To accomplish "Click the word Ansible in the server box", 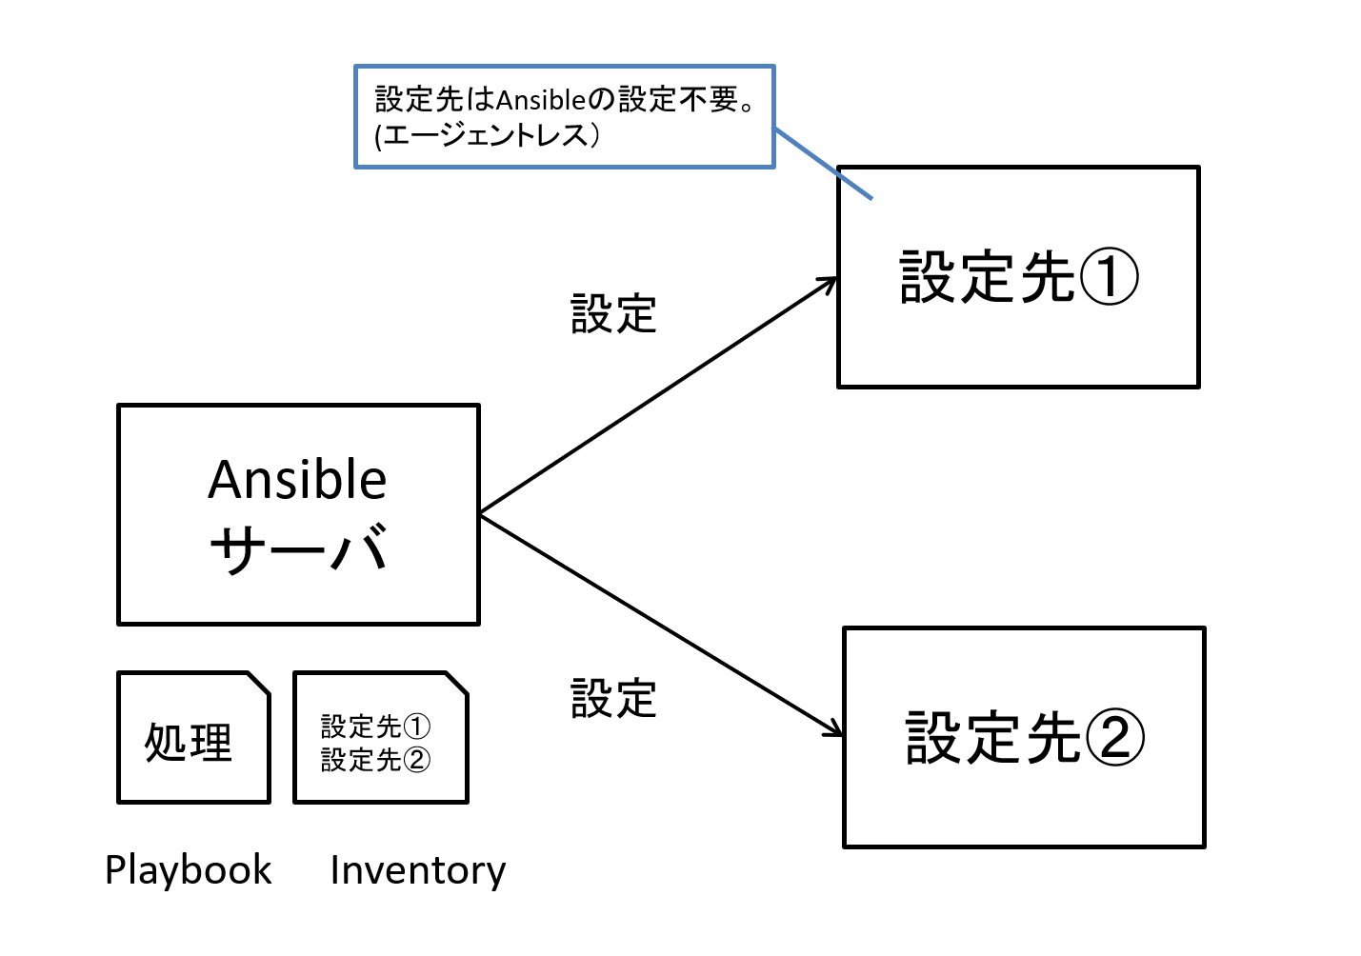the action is click(x=297, y=480).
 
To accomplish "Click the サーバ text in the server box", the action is click(x=298, y=548).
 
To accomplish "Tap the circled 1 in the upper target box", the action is click(x=1109, y=277).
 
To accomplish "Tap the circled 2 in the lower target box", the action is click(x=1114, y=738).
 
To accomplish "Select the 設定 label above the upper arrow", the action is click(x=613, y=313).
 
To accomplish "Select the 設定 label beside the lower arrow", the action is click(x=613, y=699).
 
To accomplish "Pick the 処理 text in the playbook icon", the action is click(x=189, y=742).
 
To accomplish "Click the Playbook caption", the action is click(x=189, y=870).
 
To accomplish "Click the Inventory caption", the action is click(x=418, y=870).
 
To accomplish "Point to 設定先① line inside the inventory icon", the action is click(x=375, y=727).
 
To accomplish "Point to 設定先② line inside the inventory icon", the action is click(x=375, y=760).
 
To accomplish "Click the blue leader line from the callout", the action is click(x=823, y=164).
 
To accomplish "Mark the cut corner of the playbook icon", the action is click(x=258, y=684).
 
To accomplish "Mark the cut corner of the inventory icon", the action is click(x=456, y=684).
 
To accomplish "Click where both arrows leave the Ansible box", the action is click(x=480, y=514).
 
